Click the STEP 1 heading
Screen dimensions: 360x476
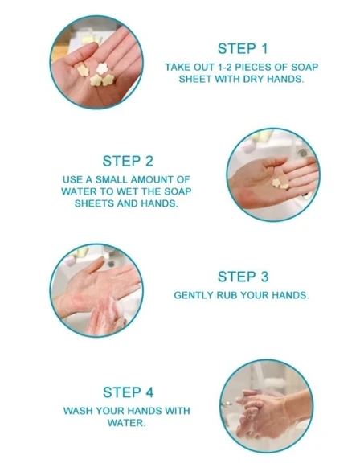(x=243, y=48)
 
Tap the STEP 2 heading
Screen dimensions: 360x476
(x=128, y=161)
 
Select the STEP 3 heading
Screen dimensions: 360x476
(x=243, y=277)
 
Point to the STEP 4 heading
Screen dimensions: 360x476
(x=128, y=392)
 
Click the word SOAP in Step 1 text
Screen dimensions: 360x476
(x=305, y=67)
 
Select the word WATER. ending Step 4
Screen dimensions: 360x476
(x=126, y=423)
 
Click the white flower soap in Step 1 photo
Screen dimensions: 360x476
(x=102, y=68)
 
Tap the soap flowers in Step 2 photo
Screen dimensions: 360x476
(x=280, y=183)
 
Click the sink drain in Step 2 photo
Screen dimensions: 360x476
(x=302, y=153)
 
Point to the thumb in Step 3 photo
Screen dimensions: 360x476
(x=95, y=265)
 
